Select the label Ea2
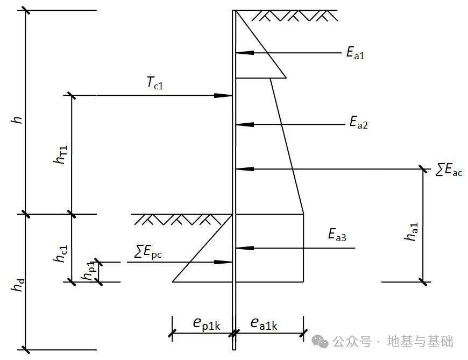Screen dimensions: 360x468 [359, 124]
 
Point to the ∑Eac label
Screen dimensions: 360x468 [449, 171]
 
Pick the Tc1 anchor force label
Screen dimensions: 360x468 [154, 83]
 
